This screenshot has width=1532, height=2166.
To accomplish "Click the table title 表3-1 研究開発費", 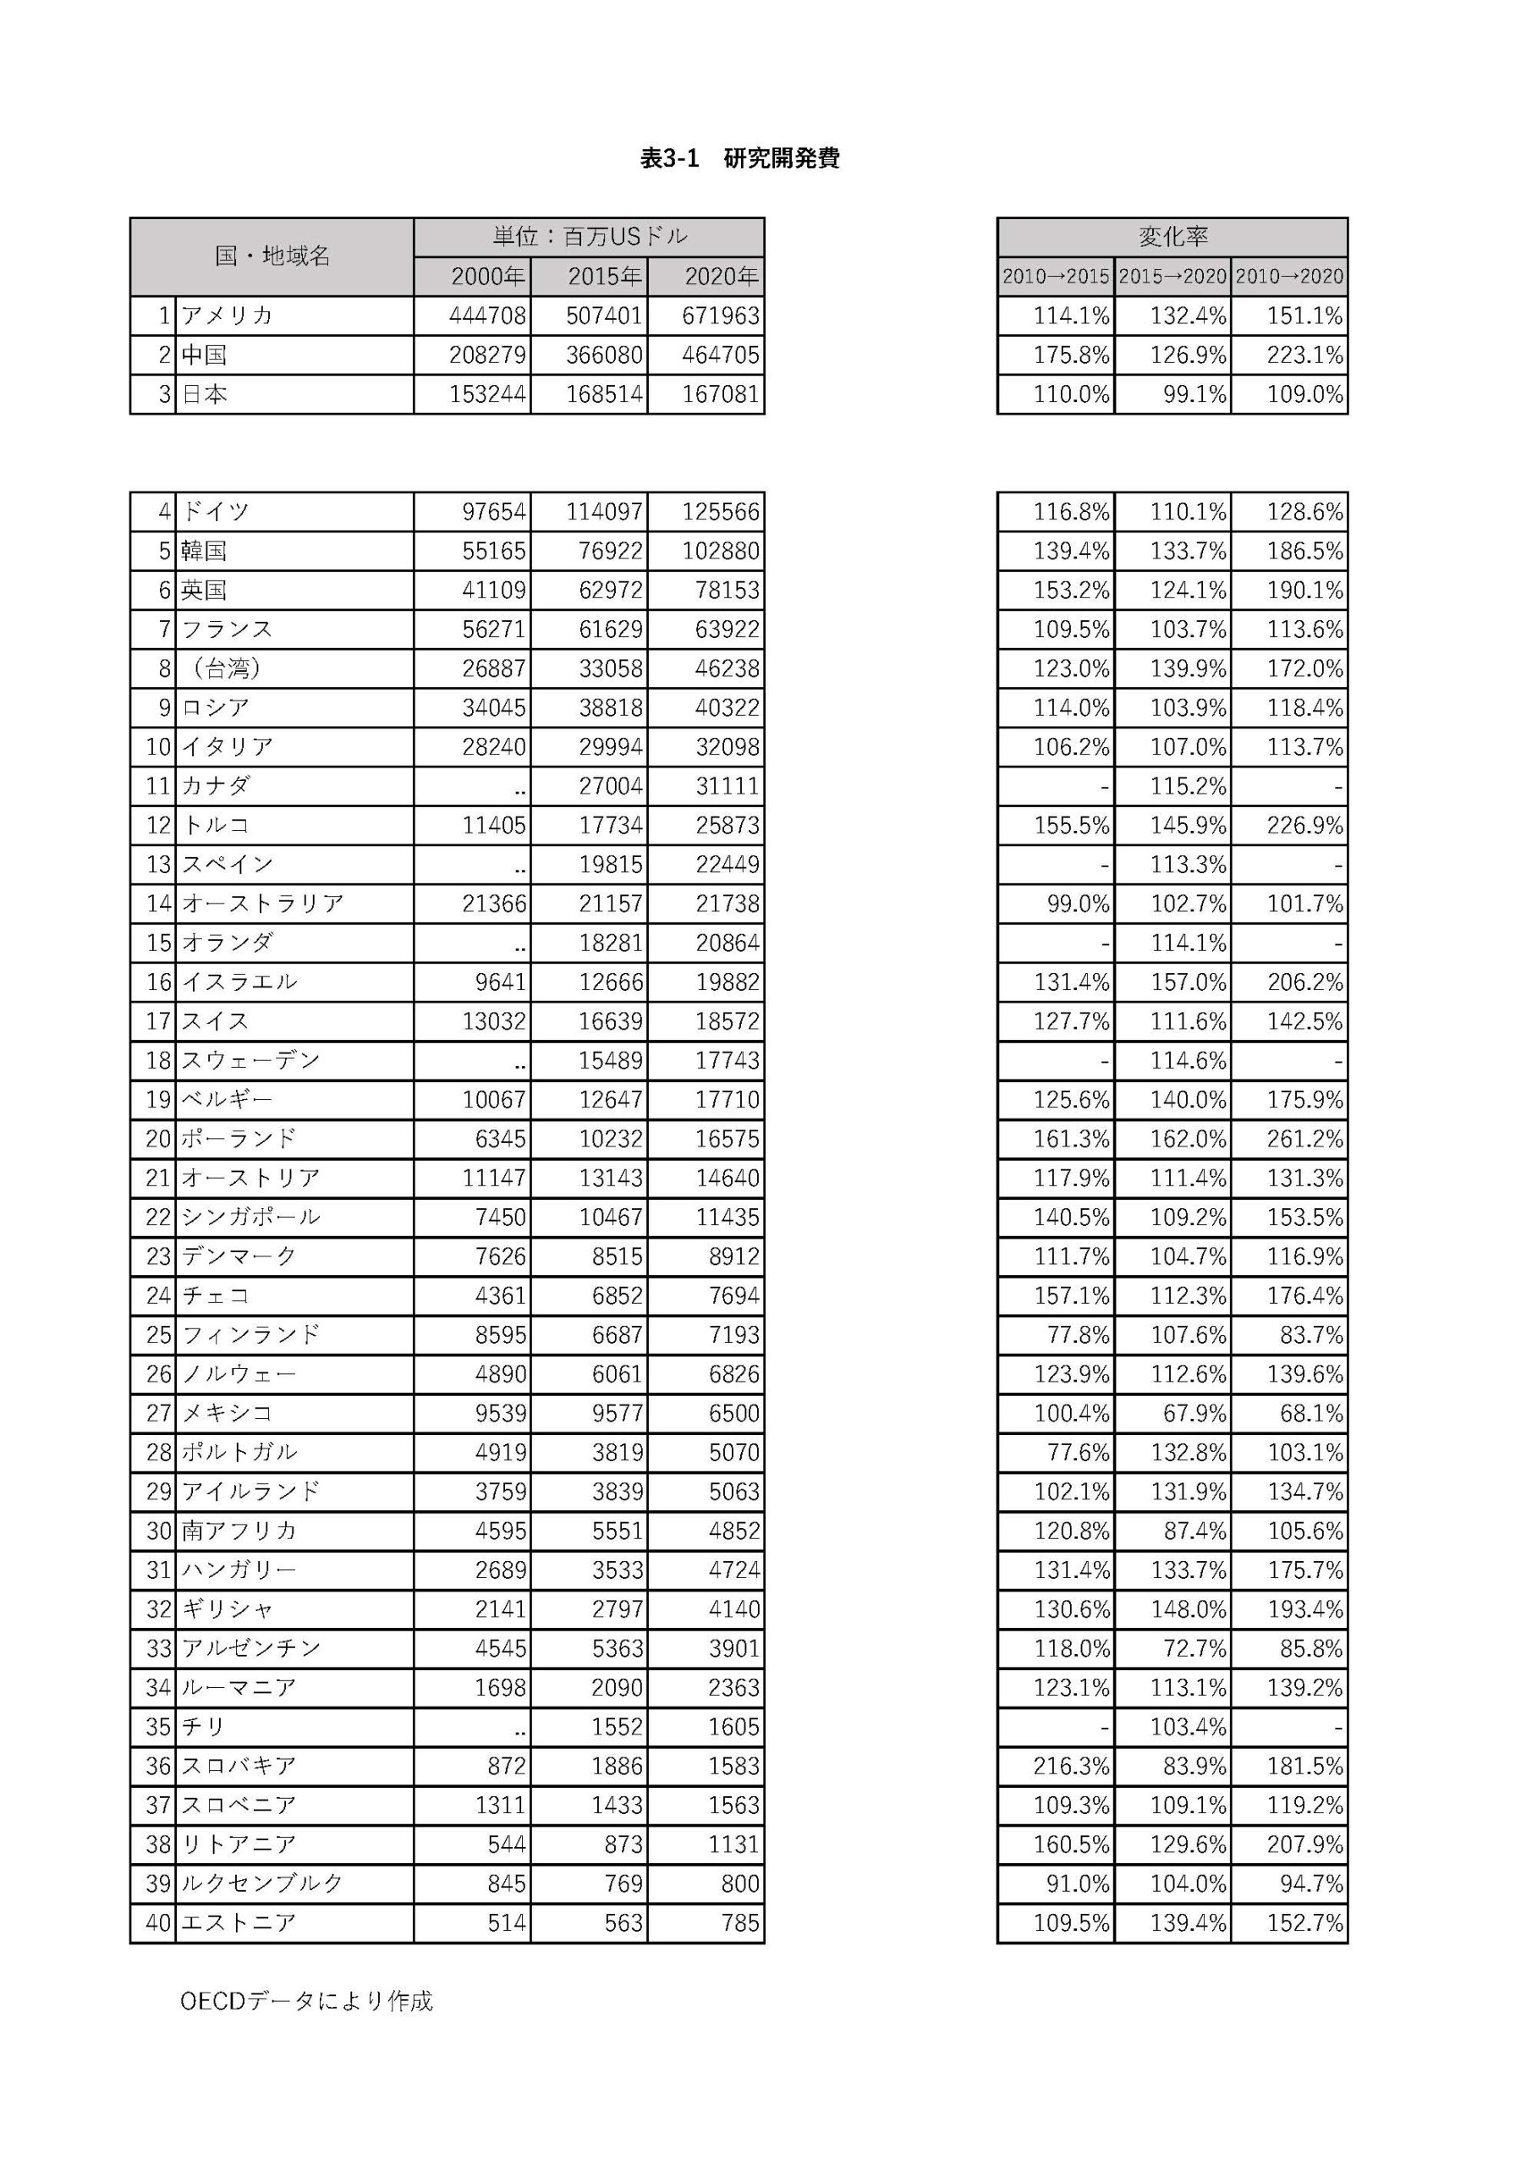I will [739, 158].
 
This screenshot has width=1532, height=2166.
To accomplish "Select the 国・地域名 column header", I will [272, 256].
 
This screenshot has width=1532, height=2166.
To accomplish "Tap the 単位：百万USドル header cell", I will [590, 237].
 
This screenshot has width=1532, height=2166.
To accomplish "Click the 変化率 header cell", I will [1172, 237].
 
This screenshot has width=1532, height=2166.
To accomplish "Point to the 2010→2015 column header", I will [1056, 277].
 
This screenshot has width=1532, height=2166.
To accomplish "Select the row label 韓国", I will [204, 551].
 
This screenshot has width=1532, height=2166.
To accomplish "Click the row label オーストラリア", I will [262, 904].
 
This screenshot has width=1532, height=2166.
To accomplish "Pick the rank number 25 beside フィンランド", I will [158, 1335].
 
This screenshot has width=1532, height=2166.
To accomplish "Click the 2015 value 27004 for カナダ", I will [611, 786].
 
